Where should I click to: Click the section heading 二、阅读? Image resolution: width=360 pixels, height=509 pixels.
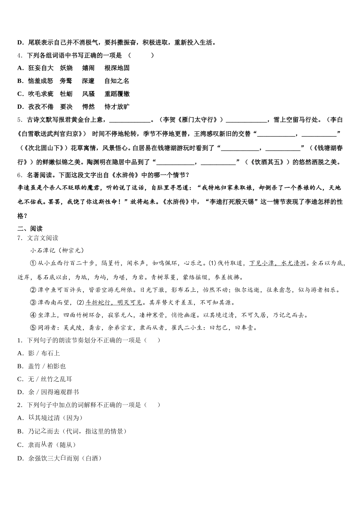(30, 228)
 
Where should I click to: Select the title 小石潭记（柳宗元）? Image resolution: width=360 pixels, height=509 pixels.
(57, 250)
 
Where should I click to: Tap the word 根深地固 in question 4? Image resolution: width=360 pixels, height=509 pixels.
(117, 68)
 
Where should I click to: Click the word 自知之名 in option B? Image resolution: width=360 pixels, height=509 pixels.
(117, 81)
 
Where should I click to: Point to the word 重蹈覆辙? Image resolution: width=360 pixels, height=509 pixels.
(117, 94)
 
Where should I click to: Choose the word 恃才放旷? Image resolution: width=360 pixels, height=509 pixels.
(117, 107)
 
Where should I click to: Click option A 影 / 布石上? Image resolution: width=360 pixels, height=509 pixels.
(39, 353)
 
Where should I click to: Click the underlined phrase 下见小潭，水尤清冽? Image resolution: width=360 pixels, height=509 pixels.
(277, 263)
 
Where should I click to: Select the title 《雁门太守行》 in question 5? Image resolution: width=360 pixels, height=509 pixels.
(203, 120)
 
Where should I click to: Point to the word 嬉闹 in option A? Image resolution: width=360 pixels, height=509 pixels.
(88, 68)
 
